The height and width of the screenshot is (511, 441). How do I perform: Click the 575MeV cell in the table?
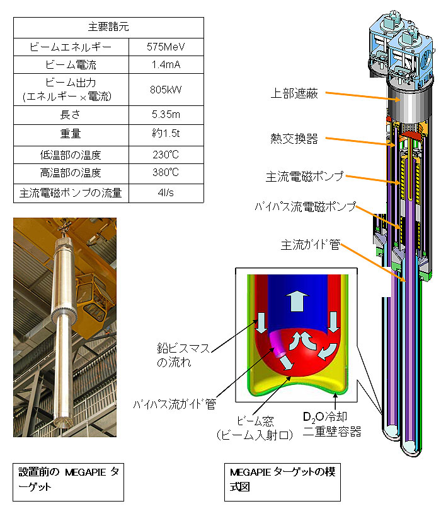[166, 47]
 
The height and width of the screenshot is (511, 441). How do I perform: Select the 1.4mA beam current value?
[166, 64]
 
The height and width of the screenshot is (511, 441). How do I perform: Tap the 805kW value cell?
[166, 90]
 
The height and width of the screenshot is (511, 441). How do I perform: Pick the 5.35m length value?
[166, 114]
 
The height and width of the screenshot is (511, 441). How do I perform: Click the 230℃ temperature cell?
[166, 155]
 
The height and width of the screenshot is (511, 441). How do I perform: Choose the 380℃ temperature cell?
[166, 172]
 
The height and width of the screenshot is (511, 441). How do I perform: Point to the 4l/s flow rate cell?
[166, 192]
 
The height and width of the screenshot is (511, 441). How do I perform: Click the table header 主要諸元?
[108, 26]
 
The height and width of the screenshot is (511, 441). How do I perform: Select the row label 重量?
[71, 134]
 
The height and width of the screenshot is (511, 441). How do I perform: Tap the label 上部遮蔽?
[294, 93]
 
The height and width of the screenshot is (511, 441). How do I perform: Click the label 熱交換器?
[294, 139]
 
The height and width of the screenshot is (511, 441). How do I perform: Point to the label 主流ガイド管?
[310, 244]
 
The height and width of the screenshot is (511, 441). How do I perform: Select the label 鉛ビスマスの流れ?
[183, 355]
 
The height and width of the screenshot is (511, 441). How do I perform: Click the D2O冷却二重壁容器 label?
[332, 424]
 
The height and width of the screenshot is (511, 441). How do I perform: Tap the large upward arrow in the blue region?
[297, 301]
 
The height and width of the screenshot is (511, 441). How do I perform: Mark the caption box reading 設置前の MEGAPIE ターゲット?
[68, 482]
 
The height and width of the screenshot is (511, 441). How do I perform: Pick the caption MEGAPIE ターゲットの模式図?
[282, 482]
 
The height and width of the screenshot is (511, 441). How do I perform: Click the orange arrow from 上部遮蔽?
[363, 97]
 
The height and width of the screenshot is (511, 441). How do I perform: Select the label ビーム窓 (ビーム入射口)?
[255, 428]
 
